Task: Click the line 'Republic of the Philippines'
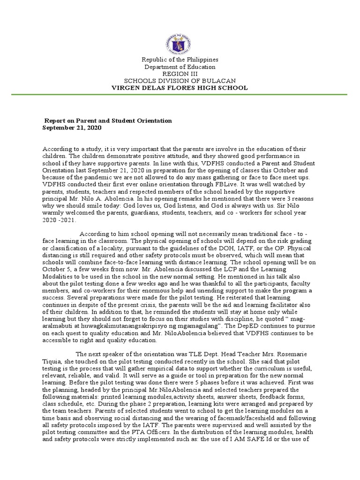180,60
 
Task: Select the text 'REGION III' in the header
180,74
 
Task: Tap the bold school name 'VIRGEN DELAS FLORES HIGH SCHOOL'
180,88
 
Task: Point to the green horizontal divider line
180,94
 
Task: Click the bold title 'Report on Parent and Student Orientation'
108,120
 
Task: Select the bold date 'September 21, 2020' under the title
72,127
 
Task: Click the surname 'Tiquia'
53,361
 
